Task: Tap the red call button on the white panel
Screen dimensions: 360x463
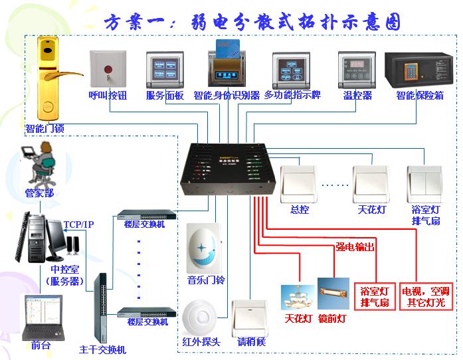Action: [107, 70]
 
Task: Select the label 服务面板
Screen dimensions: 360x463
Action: [165, 96]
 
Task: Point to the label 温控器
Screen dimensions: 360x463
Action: [357, 96]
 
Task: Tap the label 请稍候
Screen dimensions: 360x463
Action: [251, 342]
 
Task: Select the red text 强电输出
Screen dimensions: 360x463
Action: [355, 246]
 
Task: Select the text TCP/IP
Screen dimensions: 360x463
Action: [78, 225]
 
